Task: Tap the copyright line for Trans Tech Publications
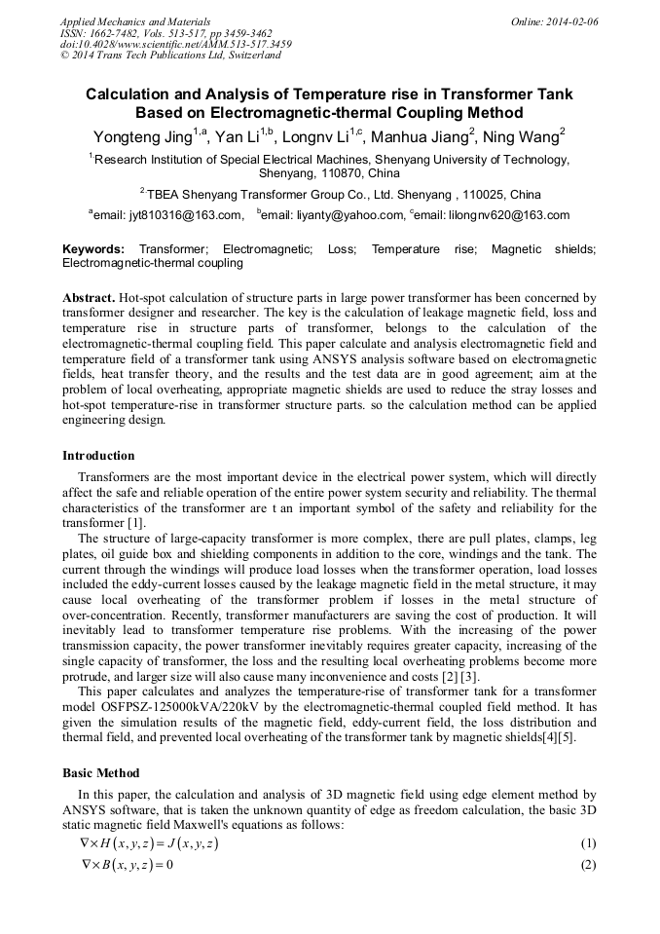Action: pyautogui.click(x=170, y=56)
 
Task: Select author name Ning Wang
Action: pyautogui.click(x=526, y=135)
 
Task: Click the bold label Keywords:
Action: pyautogui.click(x=93, y=249)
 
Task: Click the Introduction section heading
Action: pyautogui.click(x=98, y=455)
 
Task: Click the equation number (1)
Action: pyautogui.click(x=587, y=843)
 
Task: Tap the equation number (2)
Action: pyautogui.click(x=587, y=865)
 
